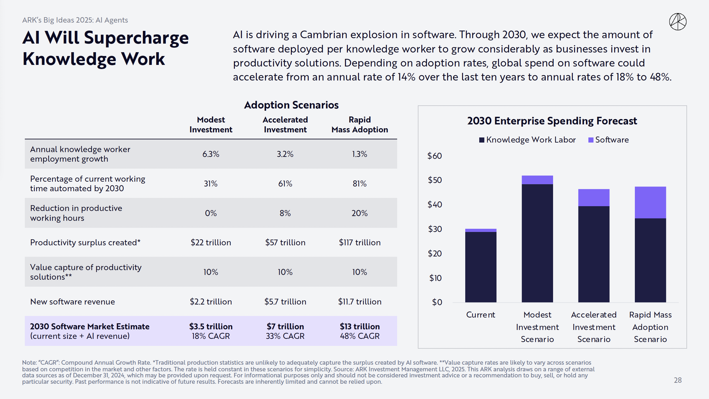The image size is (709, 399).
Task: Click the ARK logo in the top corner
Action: point(677,22)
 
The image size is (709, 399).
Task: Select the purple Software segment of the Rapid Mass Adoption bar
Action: point(650,202)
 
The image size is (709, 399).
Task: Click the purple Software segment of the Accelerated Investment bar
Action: point(593,198)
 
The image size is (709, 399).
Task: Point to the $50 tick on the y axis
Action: point(435,180)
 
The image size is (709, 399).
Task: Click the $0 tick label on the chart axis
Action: point(437,302)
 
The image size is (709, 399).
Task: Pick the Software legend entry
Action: point(608,140)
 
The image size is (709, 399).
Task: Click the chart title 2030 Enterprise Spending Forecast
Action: point(552,121)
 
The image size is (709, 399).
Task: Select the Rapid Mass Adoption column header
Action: point(360,125)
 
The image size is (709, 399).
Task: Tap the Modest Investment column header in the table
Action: point(211,125)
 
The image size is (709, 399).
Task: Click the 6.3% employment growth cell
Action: point(211,154)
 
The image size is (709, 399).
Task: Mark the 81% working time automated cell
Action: point(360,184)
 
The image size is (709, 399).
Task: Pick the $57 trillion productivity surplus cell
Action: point(285,242)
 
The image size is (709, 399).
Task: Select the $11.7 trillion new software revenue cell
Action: point(360,302)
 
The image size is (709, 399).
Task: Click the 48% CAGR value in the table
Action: point(360,336)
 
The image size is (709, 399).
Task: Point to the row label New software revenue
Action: point(73,302)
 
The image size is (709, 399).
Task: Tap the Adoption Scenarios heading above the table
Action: point(291,105)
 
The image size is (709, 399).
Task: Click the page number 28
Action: point(677,380)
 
